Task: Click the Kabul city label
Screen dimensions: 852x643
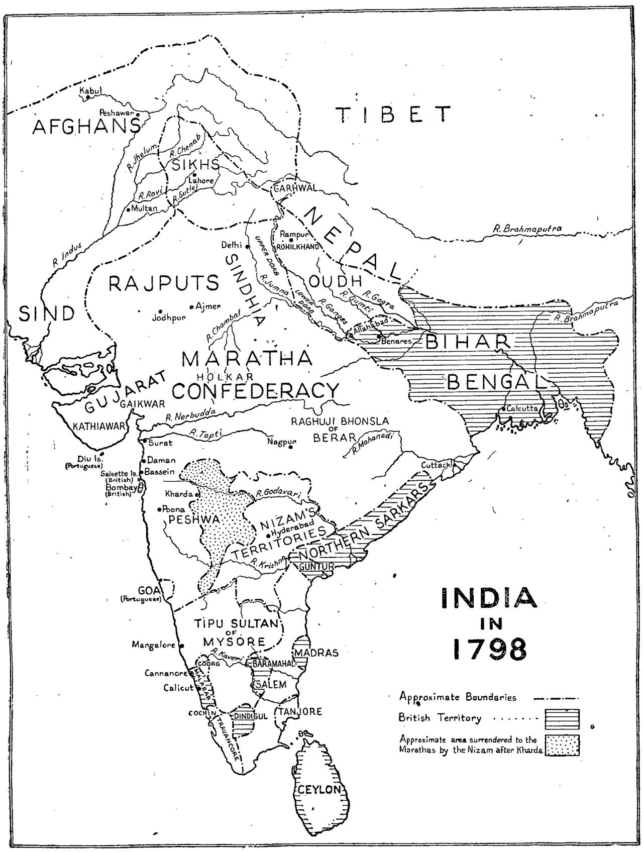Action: (91, 90)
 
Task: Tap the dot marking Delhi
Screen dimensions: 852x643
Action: (247, 246)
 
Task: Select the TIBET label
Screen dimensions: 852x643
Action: (393, 115)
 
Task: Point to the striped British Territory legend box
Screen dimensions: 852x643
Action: (562, 718)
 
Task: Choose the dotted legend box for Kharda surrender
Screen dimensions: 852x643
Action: (562, 745)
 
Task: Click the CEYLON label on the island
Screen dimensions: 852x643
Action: (319, 789)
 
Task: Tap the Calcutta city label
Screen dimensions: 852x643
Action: (522, 408)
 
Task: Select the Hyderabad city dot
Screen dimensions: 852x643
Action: (268, 536)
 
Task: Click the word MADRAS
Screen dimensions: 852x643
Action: (316, 653)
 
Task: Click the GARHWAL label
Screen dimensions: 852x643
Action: (294, 188)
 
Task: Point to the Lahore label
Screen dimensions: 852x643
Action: (201, 181)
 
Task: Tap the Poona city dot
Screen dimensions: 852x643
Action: (159, 509)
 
